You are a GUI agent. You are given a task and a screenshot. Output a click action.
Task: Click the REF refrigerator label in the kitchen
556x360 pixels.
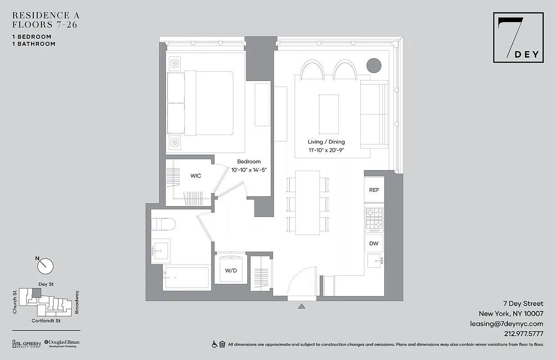tap(374, 190)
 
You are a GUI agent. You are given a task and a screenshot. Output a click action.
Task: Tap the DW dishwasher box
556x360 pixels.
tap(374, 243)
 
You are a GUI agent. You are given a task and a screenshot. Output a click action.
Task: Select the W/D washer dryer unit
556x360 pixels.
tap(231, 270)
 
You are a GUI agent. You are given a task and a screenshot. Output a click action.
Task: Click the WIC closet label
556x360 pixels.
tap(195, 176)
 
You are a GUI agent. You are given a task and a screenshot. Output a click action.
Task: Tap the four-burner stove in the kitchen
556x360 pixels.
tap(374, 218)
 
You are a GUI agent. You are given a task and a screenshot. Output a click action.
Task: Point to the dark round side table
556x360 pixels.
tap(374, 66)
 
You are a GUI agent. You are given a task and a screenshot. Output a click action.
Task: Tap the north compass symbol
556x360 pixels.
tap(45, 266)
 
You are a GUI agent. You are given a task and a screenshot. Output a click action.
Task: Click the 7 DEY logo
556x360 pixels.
tap(518, 37)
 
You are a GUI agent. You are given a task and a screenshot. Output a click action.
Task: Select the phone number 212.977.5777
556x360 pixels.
tap(524, 334)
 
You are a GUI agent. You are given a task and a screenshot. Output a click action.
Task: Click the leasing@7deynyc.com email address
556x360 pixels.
tap(507, 324)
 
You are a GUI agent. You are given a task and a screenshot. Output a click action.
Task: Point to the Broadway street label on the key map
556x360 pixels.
tap(76, 302)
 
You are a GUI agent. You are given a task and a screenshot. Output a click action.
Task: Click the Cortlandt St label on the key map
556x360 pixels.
tap(46, 321)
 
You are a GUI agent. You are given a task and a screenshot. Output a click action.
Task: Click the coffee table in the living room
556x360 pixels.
tap(328, 114)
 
